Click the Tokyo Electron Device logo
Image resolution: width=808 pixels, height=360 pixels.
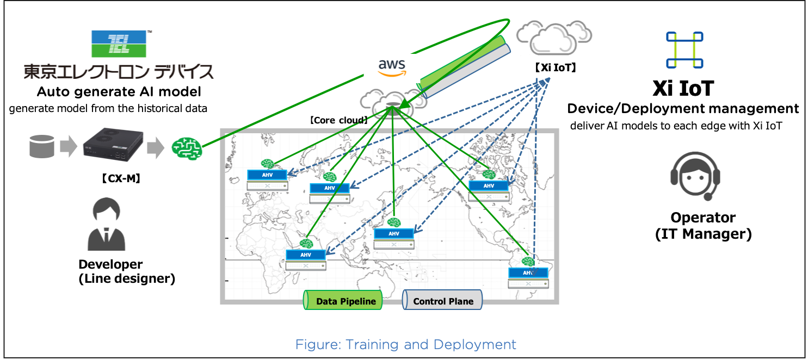click(119, 54)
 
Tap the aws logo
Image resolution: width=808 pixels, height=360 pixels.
click(392, 68)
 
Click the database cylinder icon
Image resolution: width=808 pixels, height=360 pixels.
click(42, 146)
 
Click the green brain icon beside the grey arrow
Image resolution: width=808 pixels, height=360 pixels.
click(187, 148)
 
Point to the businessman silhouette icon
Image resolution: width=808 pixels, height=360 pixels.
click(106, 225)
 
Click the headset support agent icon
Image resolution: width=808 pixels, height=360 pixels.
click(695, 176)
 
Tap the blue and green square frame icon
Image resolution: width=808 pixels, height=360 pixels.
click(684, 50)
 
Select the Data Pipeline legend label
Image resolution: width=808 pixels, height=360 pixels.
click(343, 301)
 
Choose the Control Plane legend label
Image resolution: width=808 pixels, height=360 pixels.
click(442, 301)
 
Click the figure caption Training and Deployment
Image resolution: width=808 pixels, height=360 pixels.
click(405, 344)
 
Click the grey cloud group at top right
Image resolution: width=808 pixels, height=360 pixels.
click(553, 38)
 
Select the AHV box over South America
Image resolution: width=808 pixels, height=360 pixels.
click(528, 273)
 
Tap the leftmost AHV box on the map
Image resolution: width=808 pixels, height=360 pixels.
click(267, 175)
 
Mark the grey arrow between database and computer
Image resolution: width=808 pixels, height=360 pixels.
click(69, 147)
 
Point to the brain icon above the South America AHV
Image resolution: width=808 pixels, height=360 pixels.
click(528, 262)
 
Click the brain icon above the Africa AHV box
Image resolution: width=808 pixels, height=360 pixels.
click(306, 243)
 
